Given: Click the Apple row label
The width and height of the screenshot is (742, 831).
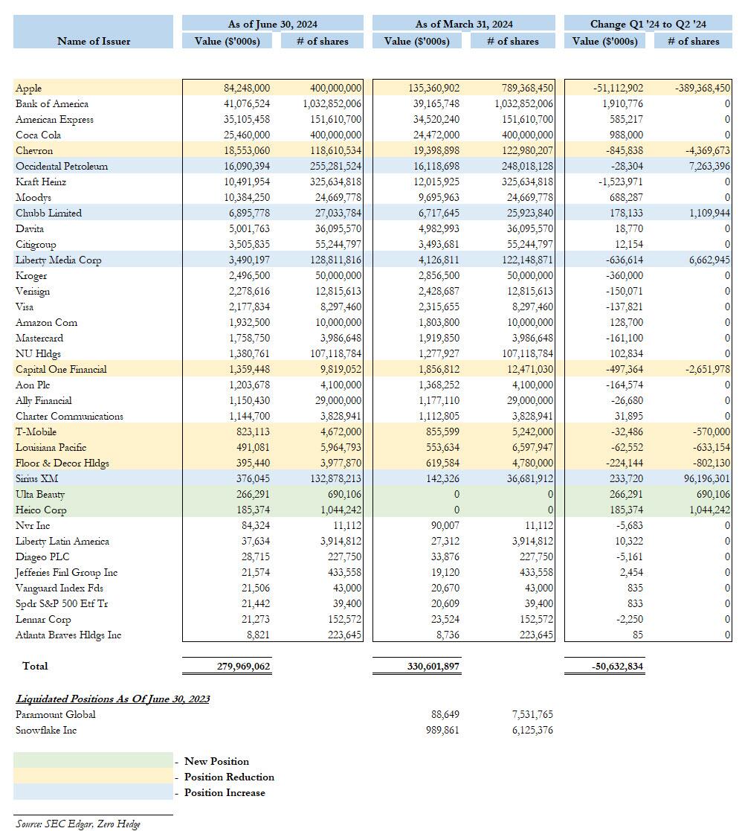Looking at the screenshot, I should (x=29, y=88).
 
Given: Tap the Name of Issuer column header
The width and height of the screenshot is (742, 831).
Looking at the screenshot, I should (x=94, y=41).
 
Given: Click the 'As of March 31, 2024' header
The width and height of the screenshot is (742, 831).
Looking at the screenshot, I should (x=464, y=25).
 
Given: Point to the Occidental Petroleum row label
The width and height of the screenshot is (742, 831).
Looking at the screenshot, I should (x=62, y=166).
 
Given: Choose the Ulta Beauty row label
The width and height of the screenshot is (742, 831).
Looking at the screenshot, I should (x=40, y=494).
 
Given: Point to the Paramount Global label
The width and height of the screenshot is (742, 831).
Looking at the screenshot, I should (x=56, y=714).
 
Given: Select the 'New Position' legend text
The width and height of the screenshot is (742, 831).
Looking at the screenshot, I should (x=216, y=761).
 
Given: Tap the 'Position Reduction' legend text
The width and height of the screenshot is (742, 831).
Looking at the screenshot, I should (x=229, y=777).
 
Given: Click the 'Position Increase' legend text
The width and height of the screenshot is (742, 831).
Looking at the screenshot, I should (x=225, y=792).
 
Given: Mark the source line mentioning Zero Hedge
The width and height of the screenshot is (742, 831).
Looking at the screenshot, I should (x=78, y=823).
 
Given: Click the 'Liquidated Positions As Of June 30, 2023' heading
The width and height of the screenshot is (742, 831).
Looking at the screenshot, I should (x=113, y=699).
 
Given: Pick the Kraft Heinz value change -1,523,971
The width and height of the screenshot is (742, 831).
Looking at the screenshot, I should (x=618, y=182).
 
